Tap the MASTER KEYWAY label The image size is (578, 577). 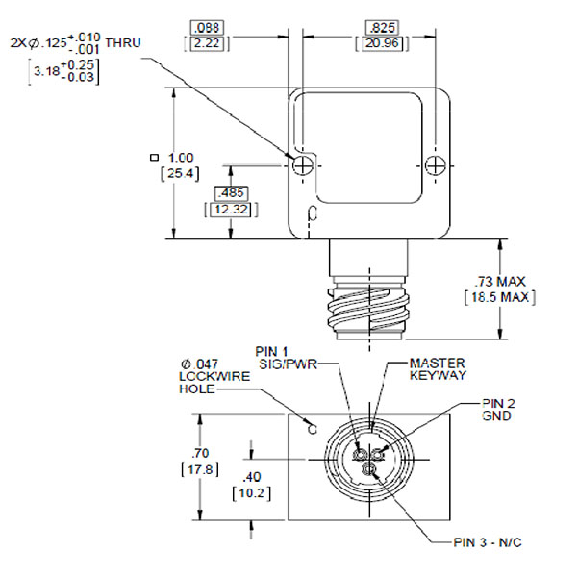439,368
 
